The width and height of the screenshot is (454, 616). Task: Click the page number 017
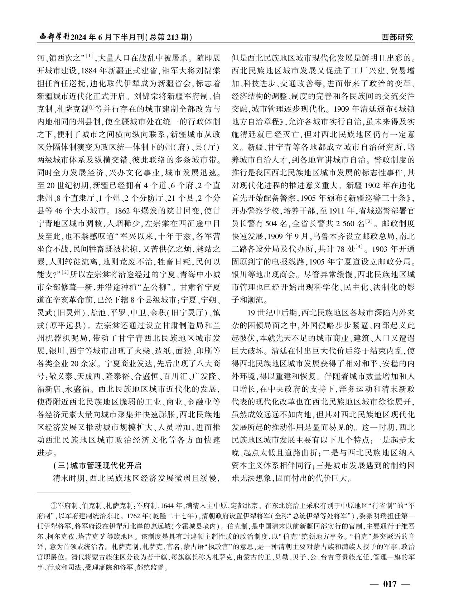390,584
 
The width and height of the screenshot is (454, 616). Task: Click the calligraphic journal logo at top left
54,37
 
